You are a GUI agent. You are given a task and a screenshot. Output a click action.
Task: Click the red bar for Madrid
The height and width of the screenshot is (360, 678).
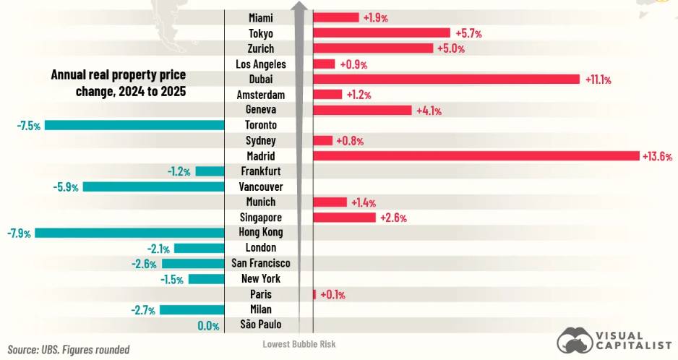click(x=476, y=156)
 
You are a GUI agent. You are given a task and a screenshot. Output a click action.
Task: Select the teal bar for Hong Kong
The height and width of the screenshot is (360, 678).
click(x=129, y=233)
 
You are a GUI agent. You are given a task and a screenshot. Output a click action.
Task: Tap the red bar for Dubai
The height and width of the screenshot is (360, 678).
click(x=446, y=80)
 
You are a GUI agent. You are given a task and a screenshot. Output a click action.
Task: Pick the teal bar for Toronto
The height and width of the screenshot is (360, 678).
click(x=134, y=125)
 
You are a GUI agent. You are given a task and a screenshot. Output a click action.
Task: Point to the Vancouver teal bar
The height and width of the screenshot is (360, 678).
click(x=153, y=187)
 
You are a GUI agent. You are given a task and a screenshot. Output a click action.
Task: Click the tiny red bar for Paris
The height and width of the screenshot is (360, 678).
click(x=314, y=294)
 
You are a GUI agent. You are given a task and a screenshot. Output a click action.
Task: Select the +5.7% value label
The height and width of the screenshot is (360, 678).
click(x=468, y=33)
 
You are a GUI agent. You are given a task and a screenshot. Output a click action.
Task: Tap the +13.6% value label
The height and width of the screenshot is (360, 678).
click(x=657, y=156)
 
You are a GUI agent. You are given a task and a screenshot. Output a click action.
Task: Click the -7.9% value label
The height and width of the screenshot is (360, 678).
click(x=18, y=233)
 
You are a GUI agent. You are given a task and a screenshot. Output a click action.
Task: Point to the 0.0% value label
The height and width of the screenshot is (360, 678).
click(x=208, y=325)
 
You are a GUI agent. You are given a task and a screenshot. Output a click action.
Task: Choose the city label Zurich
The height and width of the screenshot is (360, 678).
click(x=260, y=48)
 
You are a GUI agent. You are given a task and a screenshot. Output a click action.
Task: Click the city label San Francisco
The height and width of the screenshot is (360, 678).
click(x=260, y=263)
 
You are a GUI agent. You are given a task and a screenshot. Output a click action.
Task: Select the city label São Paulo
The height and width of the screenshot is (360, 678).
click(x=260, y=325)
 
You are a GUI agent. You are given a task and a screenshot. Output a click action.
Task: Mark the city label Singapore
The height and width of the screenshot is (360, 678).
click(x=260, y=218)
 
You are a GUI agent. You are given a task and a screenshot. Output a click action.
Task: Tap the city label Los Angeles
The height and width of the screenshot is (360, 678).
click(x=260, y=64)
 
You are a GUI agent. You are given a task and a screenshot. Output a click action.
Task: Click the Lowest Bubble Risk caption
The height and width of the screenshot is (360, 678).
click(x=299, y=344)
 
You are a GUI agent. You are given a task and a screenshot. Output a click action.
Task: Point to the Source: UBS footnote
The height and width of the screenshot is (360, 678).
click(x=69, y=349)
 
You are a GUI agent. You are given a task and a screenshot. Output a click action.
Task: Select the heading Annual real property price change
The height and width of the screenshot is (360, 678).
click(x=118, y=83)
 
